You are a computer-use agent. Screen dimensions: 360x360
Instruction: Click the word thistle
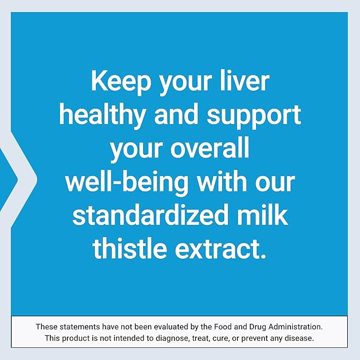click(127, 248)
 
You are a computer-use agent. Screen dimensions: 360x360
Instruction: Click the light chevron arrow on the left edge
click(21, 180)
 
